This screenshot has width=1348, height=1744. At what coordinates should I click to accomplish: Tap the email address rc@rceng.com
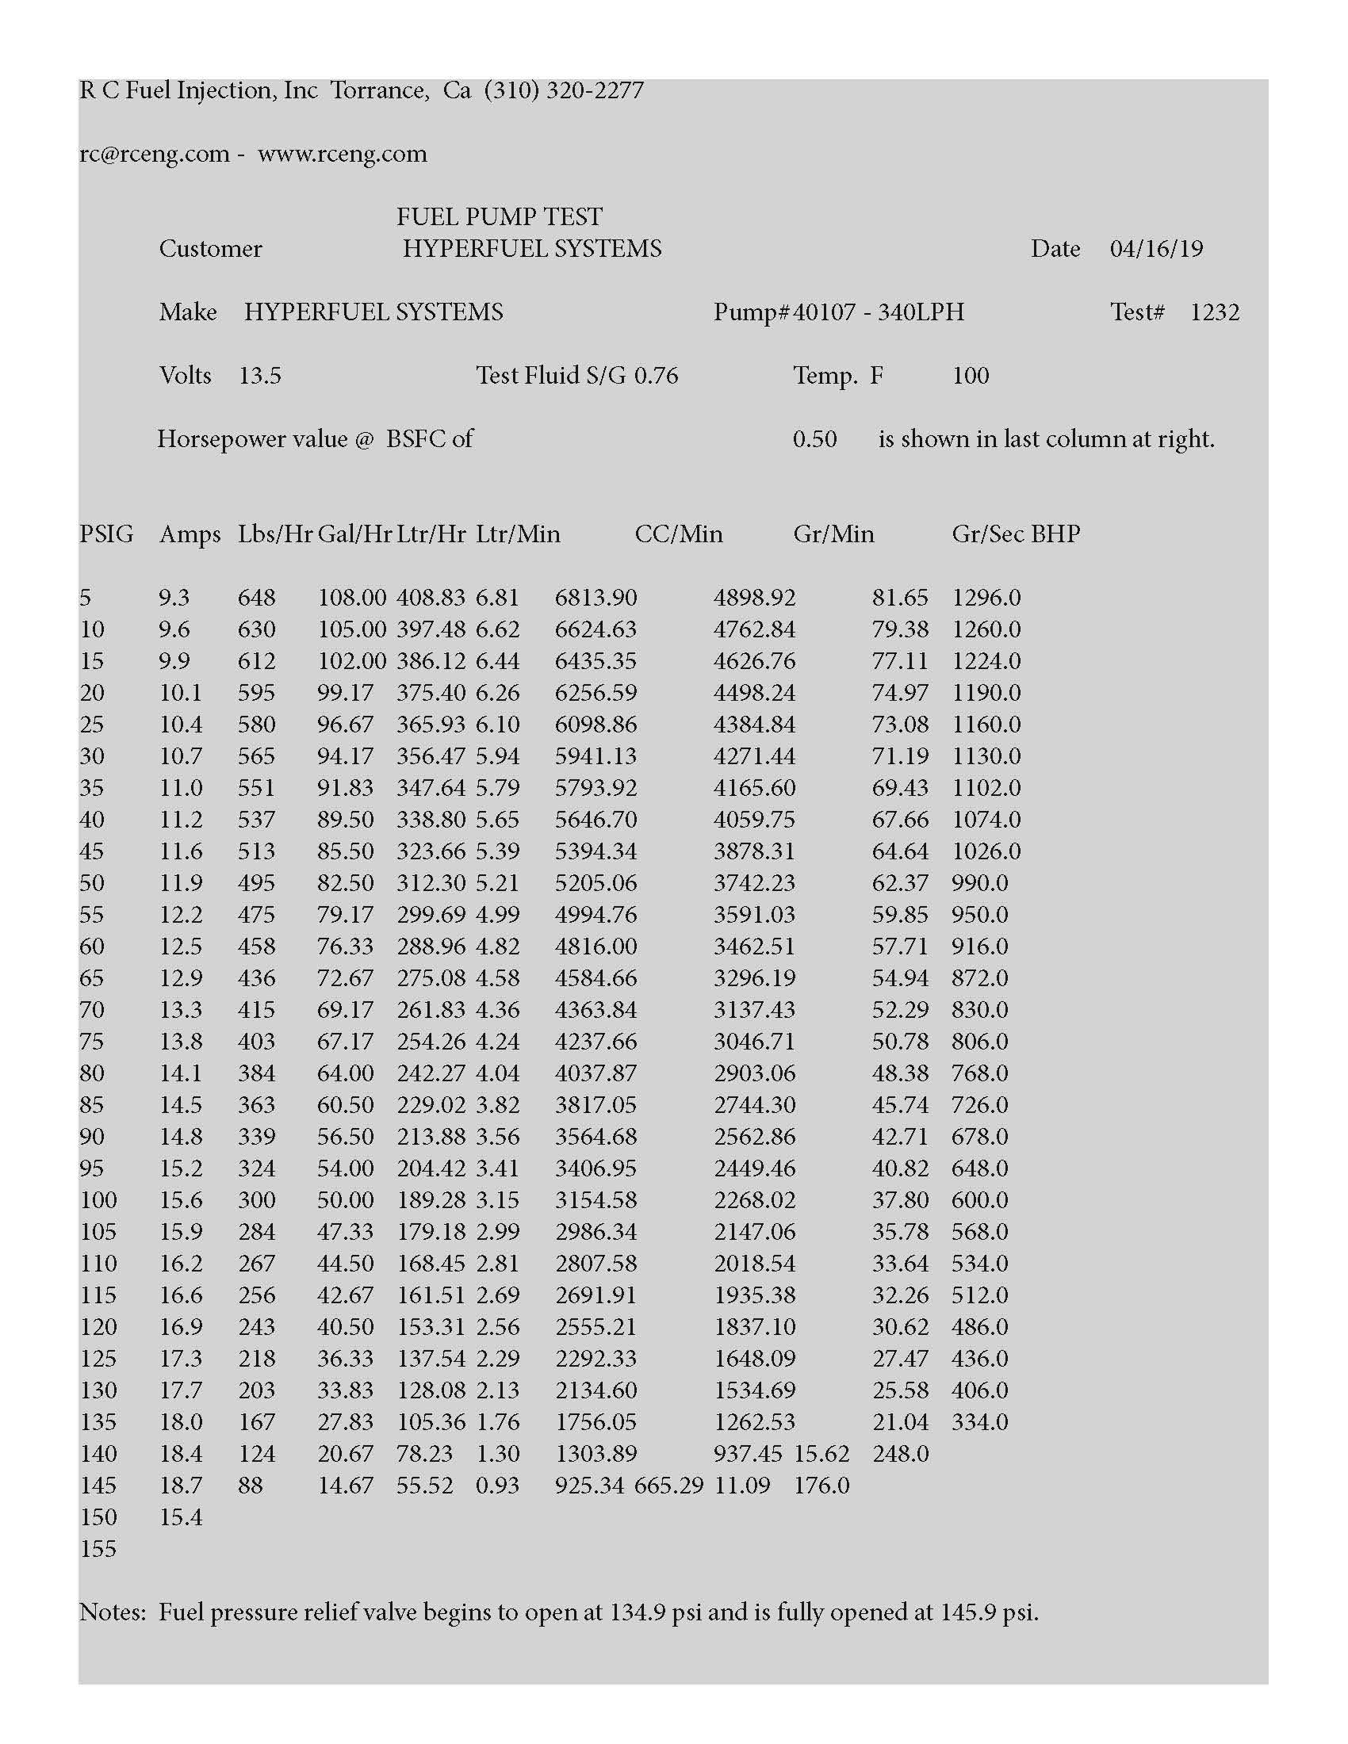(154, 153)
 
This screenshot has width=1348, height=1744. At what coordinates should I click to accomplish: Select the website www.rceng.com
(342, 153)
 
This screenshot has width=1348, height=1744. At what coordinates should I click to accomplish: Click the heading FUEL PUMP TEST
(499, 216)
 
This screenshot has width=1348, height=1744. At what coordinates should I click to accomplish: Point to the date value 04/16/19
(1155, 248)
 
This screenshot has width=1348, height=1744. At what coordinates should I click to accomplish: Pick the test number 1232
(1214, 312)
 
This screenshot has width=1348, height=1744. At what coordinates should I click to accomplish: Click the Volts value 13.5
(259, 375)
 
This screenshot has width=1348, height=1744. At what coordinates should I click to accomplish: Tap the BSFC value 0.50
(814, 439)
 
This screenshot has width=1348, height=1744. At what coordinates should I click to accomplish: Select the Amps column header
(190, 534)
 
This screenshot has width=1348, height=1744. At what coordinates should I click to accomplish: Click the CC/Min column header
(678, 534)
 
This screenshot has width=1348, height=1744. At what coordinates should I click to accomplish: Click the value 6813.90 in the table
(595, 597)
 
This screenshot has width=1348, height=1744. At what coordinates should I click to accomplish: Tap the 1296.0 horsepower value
(986, 597)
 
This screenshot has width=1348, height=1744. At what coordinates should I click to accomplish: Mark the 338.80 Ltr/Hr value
(431, 820)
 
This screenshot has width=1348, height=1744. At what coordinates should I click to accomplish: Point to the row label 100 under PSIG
(98, 1200)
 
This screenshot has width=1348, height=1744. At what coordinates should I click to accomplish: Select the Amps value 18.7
(181, 1486)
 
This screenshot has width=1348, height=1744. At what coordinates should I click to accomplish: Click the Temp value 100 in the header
(971, 375)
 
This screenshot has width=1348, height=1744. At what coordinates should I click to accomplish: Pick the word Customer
(210, 248)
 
